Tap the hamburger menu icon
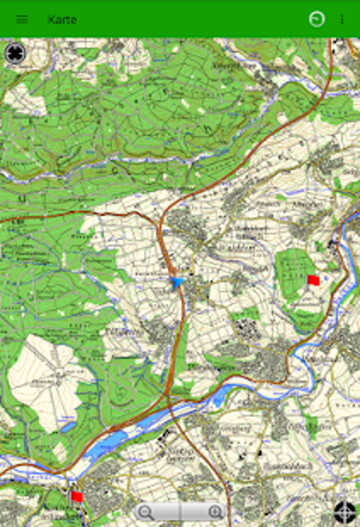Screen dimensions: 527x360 [x=22, y=19]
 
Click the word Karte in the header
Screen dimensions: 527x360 [x=62, y=19]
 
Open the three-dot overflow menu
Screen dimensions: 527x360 [x=342, y=19]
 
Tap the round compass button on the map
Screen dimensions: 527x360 [x=15, y=53]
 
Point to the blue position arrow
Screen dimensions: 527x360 [x=177, y=282]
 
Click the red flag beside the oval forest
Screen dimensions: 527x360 [x=313, y=280]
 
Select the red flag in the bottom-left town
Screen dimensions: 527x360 [x=77, y=496]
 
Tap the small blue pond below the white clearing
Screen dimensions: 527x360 [x=68, y=427]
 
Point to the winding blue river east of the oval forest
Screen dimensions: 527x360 [x=348, y=268]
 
